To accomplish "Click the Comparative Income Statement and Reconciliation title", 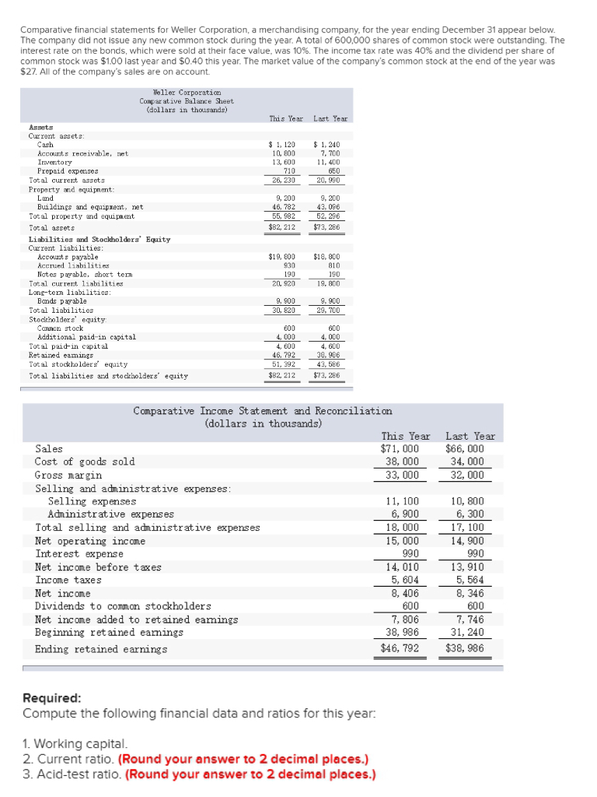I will pyautogui.click(x=263, y=411).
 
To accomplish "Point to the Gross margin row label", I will pyautogui.click(x=68, y=475).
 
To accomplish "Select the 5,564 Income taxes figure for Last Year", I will pyautogui.click(x=467, y=580).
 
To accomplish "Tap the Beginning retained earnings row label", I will pyautogui.click(x=110, y=633).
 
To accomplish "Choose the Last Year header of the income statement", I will pyautogui.click(x=470, y=436).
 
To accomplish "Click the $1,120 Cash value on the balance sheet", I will pyautogui.click(x=281, y=145).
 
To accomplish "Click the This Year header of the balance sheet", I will pyautogui.click(x=286, y=119).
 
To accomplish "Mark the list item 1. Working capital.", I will pyautogui.click(x=75, y=745).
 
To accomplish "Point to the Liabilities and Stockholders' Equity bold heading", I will pyautogui.click(x=99, y=240).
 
